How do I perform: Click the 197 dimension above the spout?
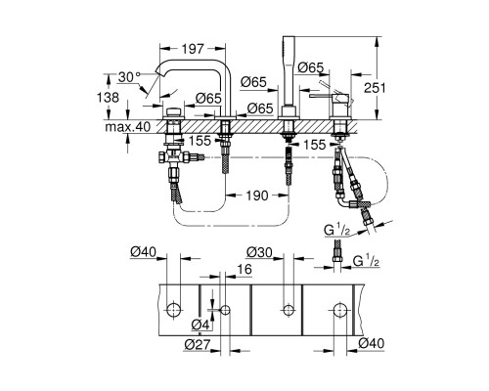tap(193, 49)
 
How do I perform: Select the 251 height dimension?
tap(375, 88)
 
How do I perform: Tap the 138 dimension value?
tap(108, 97)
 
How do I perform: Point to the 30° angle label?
tap(129, 77)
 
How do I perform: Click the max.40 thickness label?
tap(128, 126)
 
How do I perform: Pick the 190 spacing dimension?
tap(257, 195)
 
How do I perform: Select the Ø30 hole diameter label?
tap(259, 252)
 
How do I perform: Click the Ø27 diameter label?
tap(198, 344)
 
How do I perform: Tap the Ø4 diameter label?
tap(200, 325)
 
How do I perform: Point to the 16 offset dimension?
tap(244, 270)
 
